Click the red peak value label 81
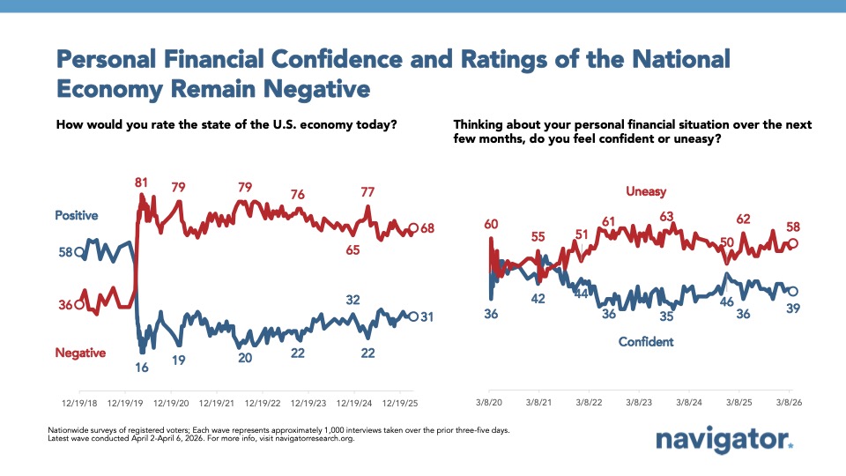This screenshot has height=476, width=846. pos(141,182)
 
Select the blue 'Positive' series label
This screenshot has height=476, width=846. pos(76,215)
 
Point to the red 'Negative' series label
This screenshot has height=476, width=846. pos(80,353)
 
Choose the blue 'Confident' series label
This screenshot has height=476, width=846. pos(646,341)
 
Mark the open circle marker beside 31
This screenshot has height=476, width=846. pos(414,316)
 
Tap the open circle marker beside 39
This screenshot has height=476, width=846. pos(791,291)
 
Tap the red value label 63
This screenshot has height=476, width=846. pos(665,216)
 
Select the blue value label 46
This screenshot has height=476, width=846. pos(728,301)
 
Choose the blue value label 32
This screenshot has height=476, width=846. pos(352,300)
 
